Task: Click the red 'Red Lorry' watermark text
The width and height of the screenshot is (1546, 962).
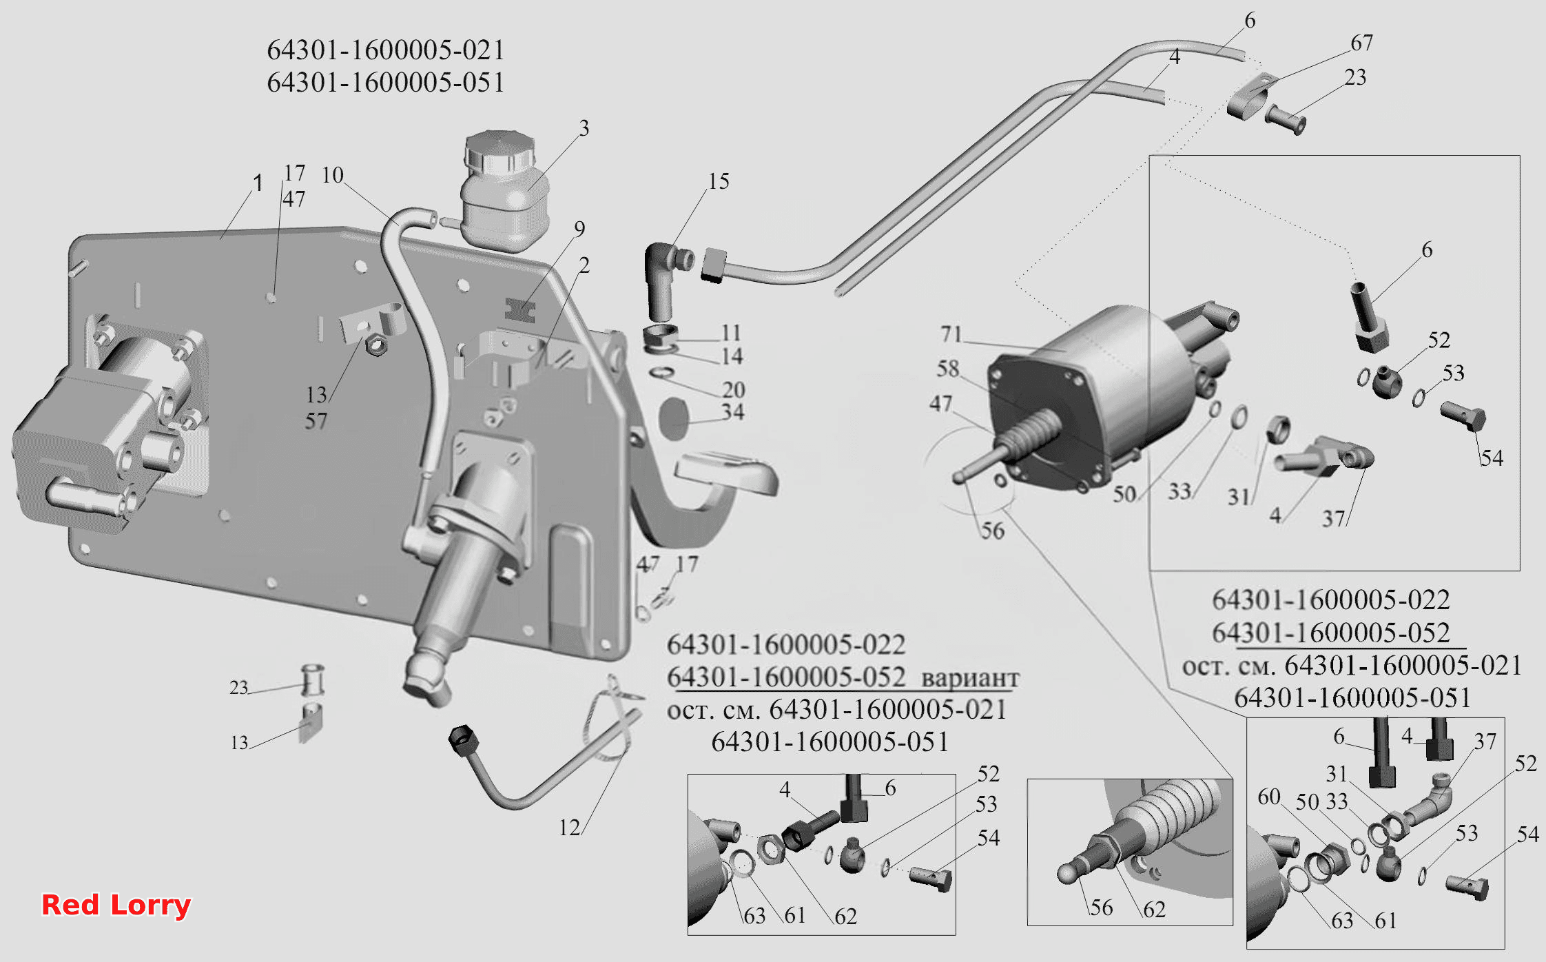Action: pyautogui.click(x=116, y=905)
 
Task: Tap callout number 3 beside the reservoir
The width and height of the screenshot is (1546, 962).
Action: pyautogui.click(x=584, y=128)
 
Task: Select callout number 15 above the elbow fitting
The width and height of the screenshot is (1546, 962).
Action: pyautogui.click(x=719, y=181)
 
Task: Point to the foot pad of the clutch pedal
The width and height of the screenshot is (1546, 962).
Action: pyautogui.click(x=726, y=472)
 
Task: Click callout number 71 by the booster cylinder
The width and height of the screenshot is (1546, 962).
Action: pyautogui.click(x=951, y=334)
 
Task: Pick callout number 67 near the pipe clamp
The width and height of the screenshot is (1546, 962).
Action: pyautogui.click(x=1361, y=43)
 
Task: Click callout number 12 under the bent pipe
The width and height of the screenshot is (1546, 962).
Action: pyautogui.click(x=570, y=828)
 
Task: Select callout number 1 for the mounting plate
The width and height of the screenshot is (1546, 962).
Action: pyautogui.click(x=258, y=183)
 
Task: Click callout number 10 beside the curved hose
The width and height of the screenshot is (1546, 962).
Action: pyautogui.click(x=333, y=175)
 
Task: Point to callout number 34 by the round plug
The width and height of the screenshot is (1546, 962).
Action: pyautogui.click(x=733, y=412)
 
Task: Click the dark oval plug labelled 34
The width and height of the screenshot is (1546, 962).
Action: pyautogui.click(x=674, y=418)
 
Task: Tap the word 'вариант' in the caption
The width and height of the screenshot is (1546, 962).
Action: pyautogui.click(x=970, y=678)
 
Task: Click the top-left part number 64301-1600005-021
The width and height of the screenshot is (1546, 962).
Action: pyautogui.click(x=386, y=50)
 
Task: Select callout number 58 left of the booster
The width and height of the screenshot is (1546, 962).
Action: pyautogui.click(x=948, y=369)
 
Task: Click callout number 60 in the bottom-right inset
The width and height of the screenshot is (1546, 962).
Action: pyautogui.click(x=1269, y=797)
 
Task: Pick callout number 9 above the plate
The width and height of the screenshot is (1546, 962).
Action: pyautogui.click(x=579, y=229)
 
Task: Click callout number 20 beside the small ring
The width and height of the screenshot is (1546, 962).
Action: pyautogui.click(x=734, y=390)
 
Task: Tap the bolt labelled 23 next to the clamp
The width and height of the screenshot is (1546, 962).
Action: pyautogui.click(x=1286, y=121)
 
